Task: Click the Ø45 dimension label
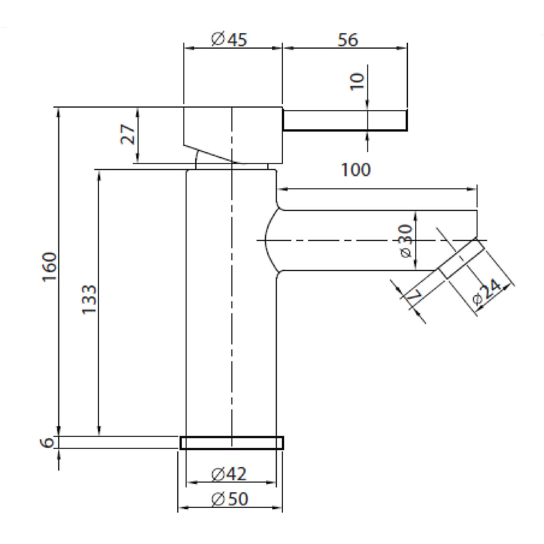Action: (229, 39)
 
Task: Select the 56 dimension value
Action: (348, 40)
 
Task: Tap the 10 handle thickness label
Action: (357, 82)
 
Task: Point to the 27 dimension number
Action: (127, 134)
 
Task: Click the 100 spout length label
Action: (356, 170)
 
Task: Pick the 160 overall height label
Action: (49, 267)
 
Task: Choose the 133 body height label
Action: (89, 300)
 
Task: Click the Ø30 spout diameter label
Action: (407, 241)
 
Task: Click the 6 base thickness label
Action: (47, 442)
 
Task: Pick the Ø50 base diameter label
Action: (229, 499)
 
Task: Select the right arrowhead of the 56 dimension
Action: (402, 48)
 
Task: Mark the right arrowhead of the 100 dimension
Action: (471, 189)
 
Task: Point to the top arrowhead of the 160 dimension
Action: (58, 113)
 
